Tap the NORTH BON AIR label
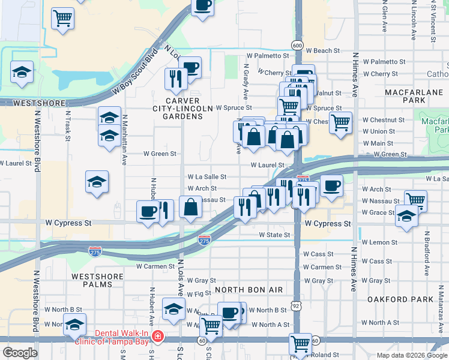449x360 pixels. (x=249, y=290)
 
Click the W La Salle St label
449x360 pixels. (x=206, y=177)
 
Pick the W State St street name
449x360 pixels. (x=274, y=235)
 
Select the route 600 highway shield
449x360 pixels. (x=297, y=45)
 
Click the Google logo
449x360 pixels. (x=21, y=352)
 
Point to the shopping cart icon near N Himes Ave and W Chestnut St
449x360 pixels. (x=340, y=122)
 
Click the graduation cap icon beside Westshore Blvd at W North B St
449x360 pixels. (x=74, y=325)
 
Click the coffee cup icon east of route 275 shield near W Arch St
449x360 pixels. (x=331, y=185)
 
